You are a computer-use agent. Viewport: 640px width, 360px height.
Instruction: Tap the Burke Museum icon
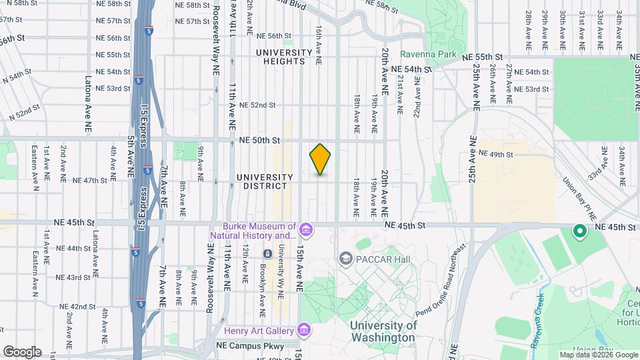[306, 231]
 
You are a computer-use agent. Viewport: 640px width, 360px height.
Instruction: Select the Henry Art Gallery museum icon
[304, 330]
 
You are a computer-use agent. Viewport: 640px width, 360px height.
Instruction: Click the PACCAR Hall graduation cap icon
[345, 257]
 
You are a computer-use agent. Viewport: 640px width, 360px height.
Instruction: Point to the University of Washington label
[383, 331]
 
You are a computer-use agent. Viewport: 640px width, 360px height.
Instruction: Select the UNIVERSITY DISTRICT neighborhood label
[265, 181]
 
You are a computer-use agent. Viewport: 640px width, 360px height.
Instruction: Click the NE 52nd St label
[257, 105]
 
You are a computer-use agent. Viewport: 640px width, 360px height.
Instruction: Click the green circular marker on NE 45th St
[579, 232]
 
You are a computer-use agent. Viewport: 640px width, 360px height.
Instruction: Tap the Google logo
[22, 352]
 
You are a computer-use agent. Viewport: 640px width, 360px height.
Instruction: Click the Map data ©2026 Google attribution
[597, 355]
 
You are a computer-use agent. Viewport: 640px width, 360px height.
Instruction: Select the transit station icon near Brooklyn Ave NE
[267, 254]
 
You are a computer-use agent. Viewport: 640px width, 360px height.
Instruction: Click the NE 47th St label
[90, 180]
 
